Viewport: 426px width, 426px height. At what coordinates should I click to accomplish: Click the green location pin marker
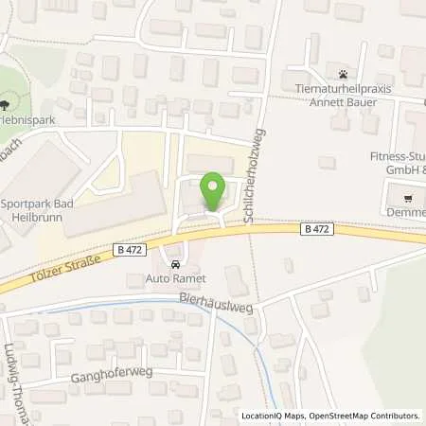point(214,189)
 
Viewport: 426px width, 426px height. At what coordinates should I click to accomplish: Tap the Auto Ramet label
point(173,279)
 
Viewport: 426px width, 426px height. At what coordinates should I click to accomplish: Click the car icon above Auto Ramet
point(173,262)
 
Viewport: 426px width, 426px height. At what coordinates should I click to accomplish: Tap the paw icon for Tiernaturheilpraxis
point(341,74)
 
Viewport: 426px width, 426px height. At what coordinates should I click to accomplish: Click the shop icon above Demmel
point(407,199)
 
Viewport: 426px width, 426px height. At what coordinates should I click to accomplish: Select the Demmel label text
point(408,215)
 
